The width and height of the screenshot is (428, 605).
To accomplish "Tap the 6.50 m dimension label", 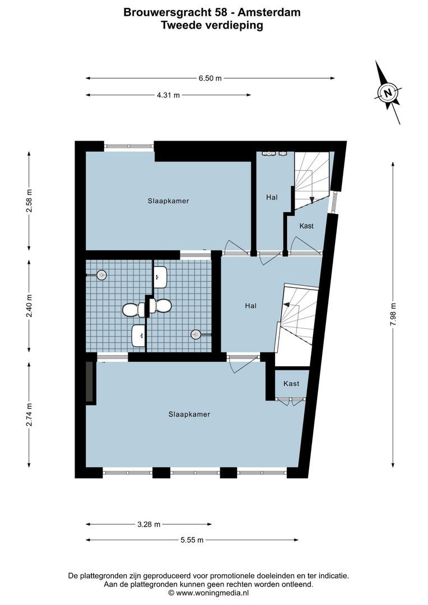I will coord(210,78).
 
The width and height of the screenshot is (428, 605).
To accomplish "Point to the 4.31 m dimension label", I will coord(168,95).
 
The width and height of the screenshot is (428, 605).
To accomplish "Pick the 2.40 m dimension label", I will coord(30,306).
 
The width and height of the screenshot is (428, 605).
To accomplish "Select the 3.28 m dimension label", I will coord(148,524).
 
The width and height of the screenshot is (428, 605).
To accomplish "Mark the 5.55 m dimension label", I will coord(192,540).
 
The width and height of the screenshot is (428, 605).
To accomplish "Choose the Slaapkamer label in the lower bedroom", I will coord(189,415).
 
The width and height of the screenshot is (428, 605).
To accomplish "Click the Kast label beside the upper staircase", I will coord(306,226).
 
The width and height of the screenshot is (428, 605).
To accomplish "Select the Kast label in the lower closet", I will coord(291,384).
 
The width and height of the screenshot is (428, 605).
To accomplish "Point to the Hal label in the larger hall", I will coord(250,306).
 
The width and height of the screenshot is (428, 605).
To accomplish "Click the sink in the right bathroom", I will coord(160,276).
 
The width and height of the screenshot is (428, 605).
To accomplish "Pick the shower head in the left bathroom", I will coord(101,274).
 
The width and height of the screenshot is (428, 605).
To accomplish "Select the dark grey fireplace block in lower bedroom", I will coord(89,381).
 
